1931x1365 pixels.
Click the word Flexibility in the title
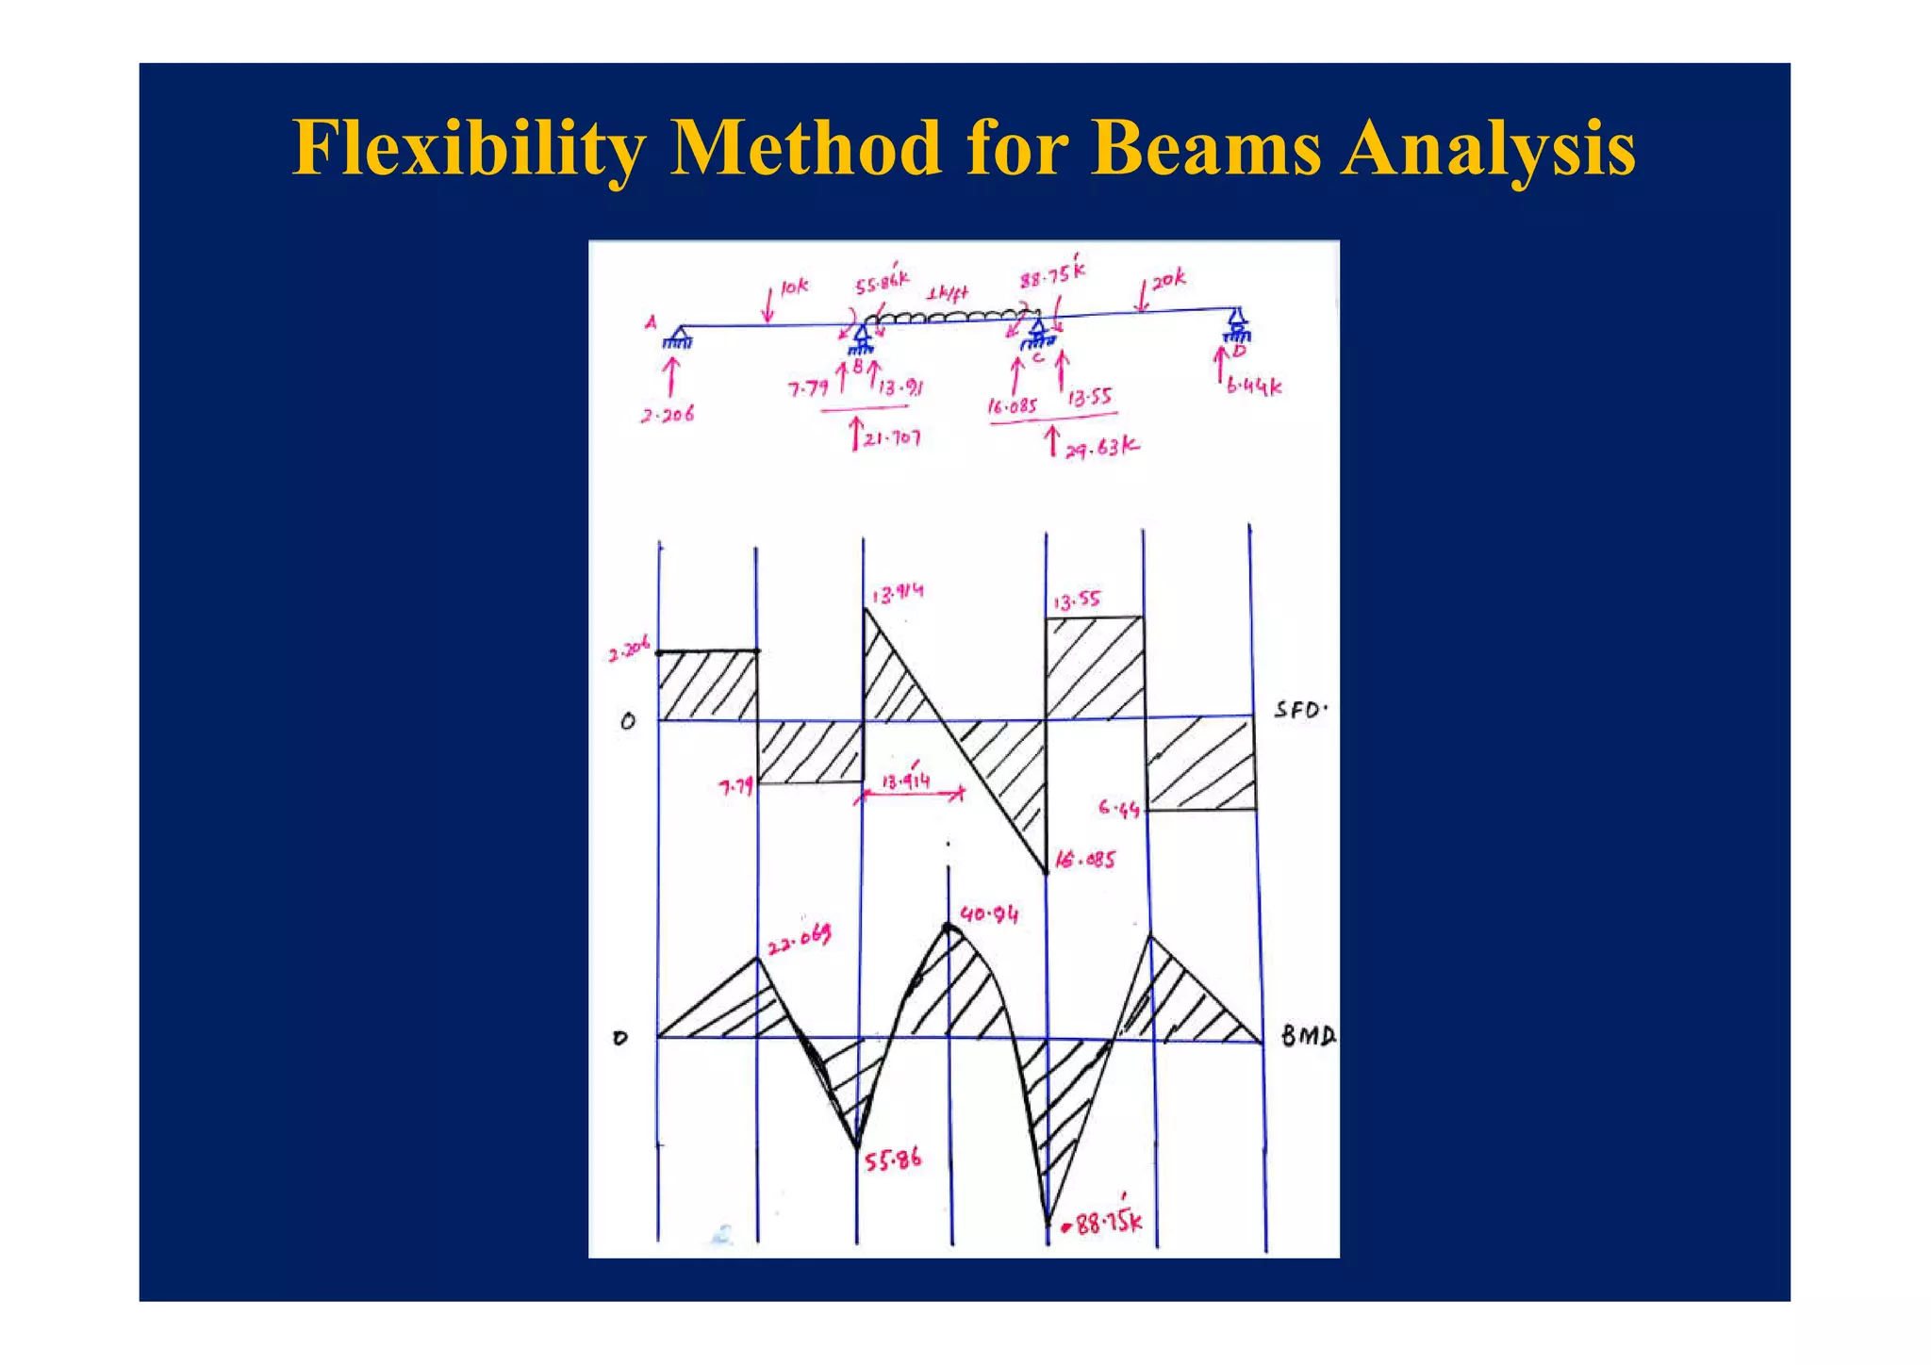[x=469, y=149]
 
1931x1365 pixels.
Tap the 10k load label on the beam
[x=794, y=287]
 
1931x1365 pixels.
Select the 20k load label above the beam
[x=1168, y=279]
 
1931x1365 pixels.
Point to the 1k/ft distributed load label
[x=947, y=294]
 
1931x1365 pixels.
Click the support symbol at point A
[x=678, y=337]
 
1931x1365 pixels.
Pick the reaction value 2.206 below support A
[x=668, y=415]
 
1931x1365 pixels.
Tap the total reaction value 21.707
[x=892, y=438]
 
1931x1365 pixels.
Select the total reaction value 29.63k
[x=1101, y=448]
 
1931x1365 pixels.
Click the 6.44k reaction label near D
[x=1254, y=386]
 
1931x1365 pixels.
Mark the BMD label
[x=1308, y=1037]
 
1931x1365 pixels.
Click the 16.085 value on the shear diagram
[x=1085, y=860]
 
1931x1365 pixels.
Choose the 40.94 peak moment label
[x=989, y=914]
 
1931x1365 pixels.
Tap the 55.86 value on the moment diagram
[x=893, y=1159]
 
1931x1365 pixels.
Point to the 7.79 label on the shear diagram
[x=736, y=786]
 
